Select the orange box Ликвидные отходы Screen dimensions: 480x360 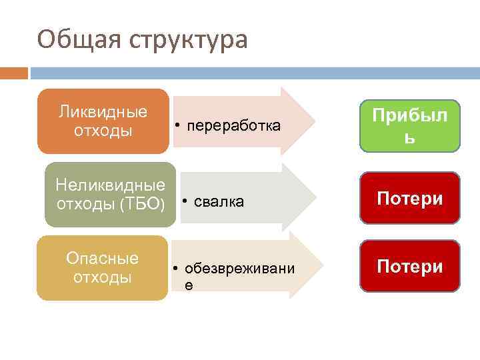(x=103, y=121)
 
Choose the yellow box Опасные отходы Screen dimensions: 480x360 (x=103, y=267)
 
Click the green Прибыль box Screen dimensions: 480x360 (x=410, y=126)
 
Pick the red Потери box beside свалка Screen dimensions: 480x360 (x=410, y=198)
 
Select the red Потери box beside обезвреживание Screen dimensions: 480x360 (x=410, y=266)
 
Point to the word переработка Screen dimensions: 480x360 (x=233, y=126)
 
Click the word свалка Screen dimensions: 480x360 (x=219, y=201)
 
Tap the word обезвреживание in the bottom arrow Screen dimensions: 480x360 (x=239, y=269)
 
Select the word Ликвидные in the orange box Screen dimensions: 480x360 (x=103, y=111)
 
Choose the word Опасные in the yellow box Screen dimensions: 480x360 (x=103, y=257)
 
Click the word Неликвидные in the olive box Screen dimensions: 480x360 (x=111, y=183)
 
